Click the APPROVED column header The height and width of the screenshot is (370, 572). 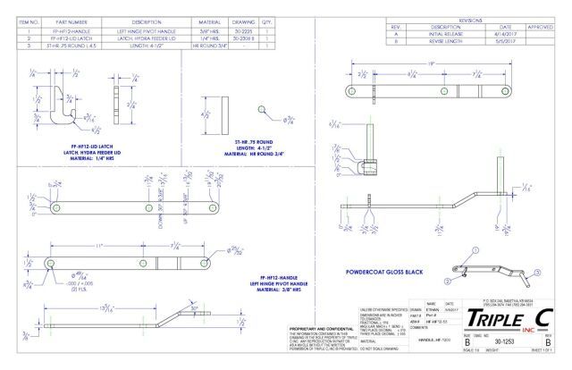tap(540, 25)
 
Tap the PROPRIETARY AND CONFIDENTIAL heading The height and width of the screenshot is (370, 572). tap(309, 328)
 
